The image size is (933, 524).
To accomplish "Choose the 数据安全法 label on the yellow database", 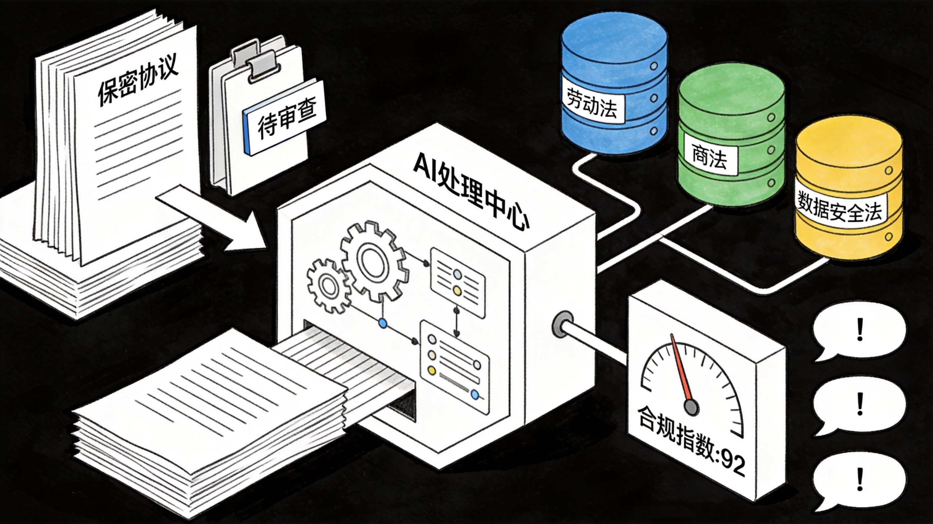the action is (x=839, y=208).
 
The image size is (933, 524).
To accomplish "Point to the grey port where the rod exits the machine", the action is (x=562, y=325).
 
